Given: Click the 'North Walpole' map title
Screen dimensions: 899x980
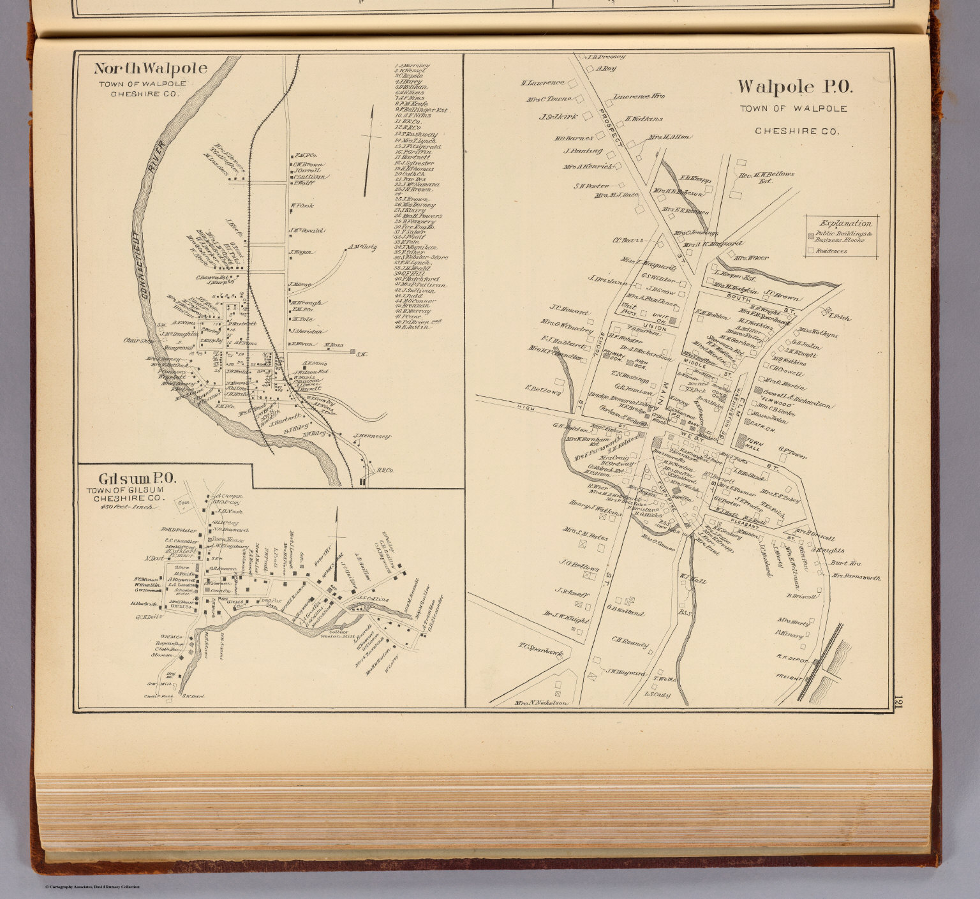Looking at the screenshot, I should pyautogui.click(x=151, y=69).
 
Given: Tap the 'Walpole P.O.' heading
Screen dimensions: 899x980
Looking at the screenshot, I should pyautogui.click(x=794, y=87).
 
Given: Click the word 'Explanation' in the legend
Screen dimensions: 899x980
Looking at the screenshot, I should pyautogui.click(x=846, y=223).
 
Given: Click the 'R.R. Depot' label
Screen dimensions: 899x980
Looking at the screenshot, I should pyautogui.click(x=792, y=655).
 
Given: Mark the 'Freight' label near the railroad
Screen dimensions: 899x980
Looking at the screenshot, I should pyautogui.click(x=789, y=677).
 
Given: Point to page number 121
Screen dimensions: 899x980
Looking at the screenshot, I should pyautogui.click(x=897, y=702).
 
